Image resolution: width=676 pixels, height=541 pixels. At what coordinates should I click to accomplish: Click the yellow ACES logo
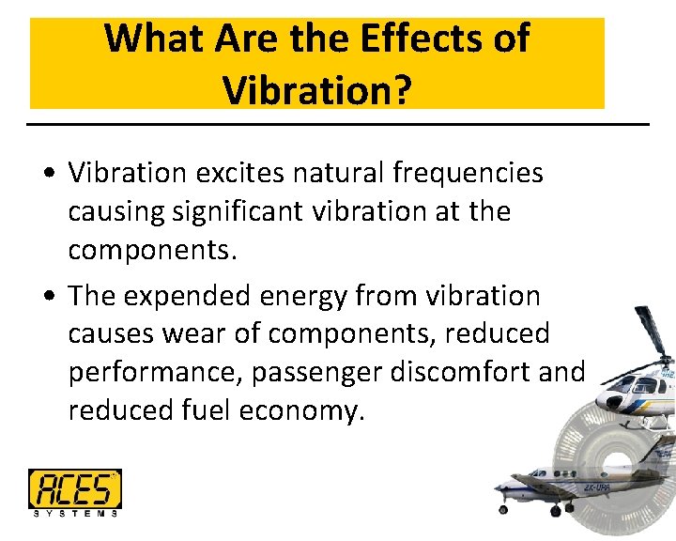[x=74, y=488]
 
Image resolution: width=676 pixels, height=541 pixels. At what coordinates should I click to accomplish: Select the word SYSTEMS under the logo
[x=75, y=513]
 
